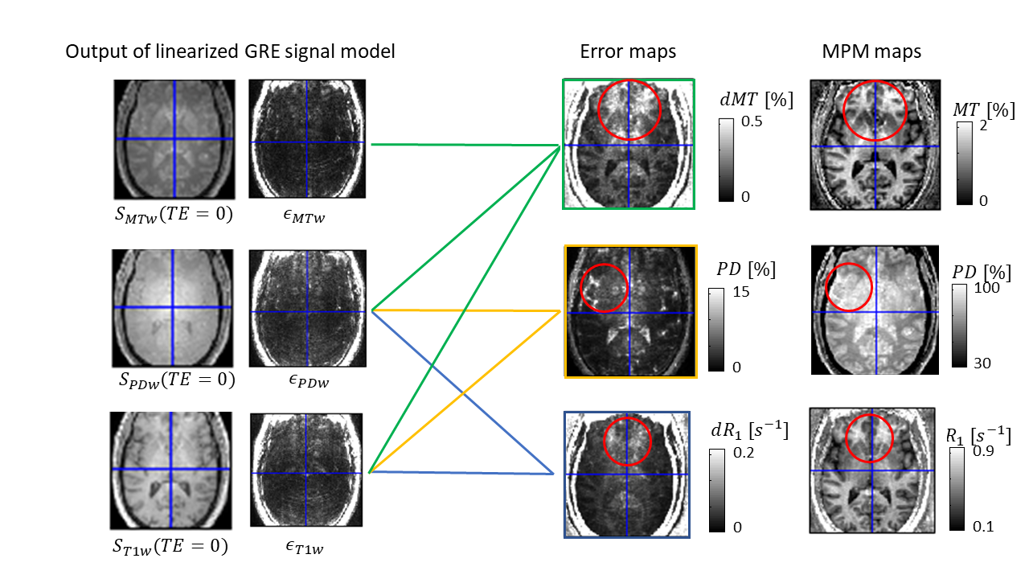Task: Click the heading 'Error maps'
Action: tap(628, 52)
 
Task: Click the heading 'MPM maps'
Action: tap(871, 52)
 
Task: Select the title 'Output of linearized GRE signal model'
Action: tap(230, 52)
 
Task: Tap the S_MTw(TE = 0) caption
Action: tap(173, 215)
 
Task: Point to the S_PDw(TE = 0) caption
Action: tap(174, 379)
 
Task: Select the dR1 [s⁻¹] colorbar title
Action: tap(755, 430)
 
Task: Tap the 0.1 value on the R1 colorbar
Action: tap(984, 527)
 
